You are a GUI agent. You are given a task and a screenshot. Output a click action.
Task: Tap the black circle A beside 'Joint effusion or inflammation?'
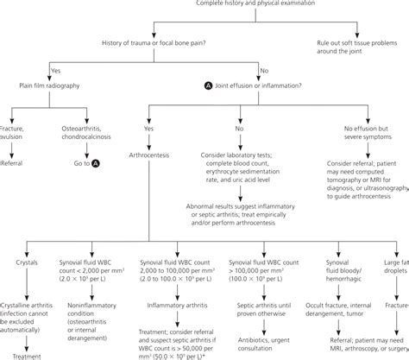pyautogui.click(x=205, y=85)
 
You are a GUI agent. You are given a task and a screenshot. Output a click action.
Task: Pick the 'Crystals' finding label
pyautogui.click(x=26, y=262)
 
